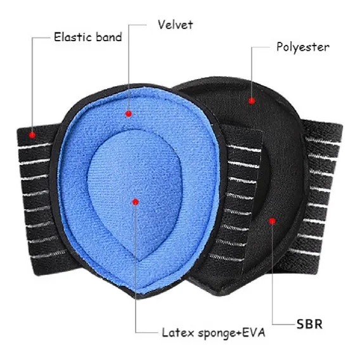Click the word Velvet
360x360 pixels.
tap(176, 25)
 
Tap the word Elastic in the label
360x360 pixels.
tap(74, 37)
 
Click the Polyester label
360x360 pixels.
tap(303, 48)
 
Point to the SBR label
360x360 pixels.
tap(309, 324)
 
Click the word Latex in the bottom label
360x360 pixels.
tap(178, 333)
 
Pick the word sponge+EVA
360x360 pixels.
tap(231, 333)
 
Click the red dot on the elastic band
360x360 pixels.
tap(32, 135)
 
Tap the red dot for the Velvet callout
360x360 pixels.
tap(129, 113)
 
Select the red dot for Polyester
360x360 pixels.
tap(252, 101)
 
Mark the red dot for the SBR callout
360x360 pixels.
tap(273, 221)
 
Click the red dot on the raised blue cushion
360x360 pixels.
tap(136, 202)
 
